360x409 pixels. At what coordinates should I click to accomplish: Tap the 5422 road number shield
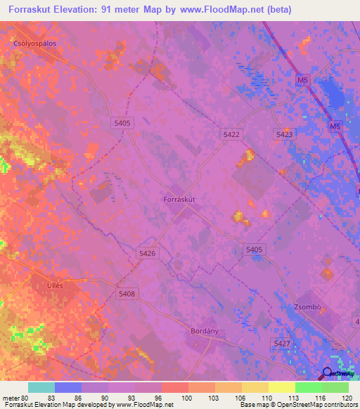click(x=231, y=134)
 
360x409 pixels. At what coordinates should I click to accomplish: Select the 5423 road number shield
click(x=285, y=134)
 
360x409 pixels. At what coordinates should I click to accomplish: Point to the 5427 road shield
click(x=281, y=342)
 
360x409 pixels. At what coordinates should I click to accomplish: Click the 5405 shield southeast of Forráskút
click(x=254, y=249)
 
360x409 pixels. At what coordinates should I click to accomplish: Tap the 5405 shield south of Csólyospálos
click(x=122, y=123)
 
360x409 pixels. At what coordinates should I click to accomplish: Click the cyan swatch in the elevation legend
click(x=41, y=387)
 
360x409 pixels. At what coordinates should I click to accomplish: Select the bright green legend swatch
click(x=308, y=387)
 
